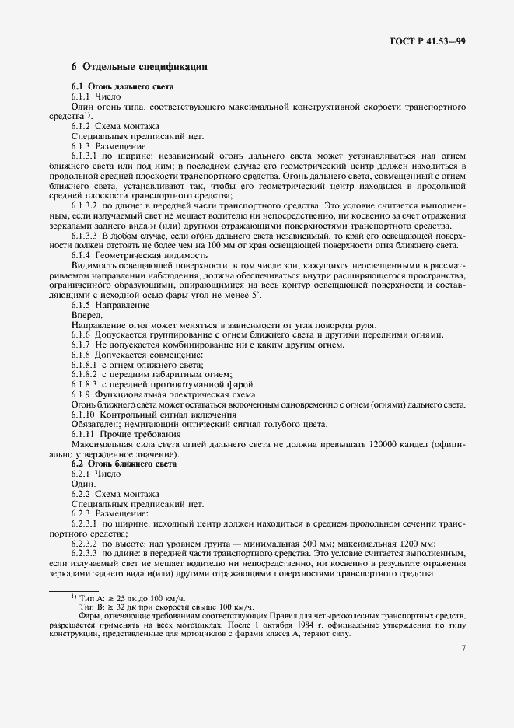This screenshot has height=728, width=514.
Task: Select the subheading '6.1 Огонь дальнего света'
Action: [x=123, y=86]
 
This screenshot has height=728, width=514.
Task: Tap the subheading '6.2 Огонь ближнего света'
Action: [x=124, y=464]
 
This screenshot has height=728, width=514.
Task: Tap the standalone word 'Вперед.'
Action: [x=86, y=314]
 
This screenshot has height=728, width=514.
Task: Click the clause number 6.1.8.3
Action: [x=86, y=384]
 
